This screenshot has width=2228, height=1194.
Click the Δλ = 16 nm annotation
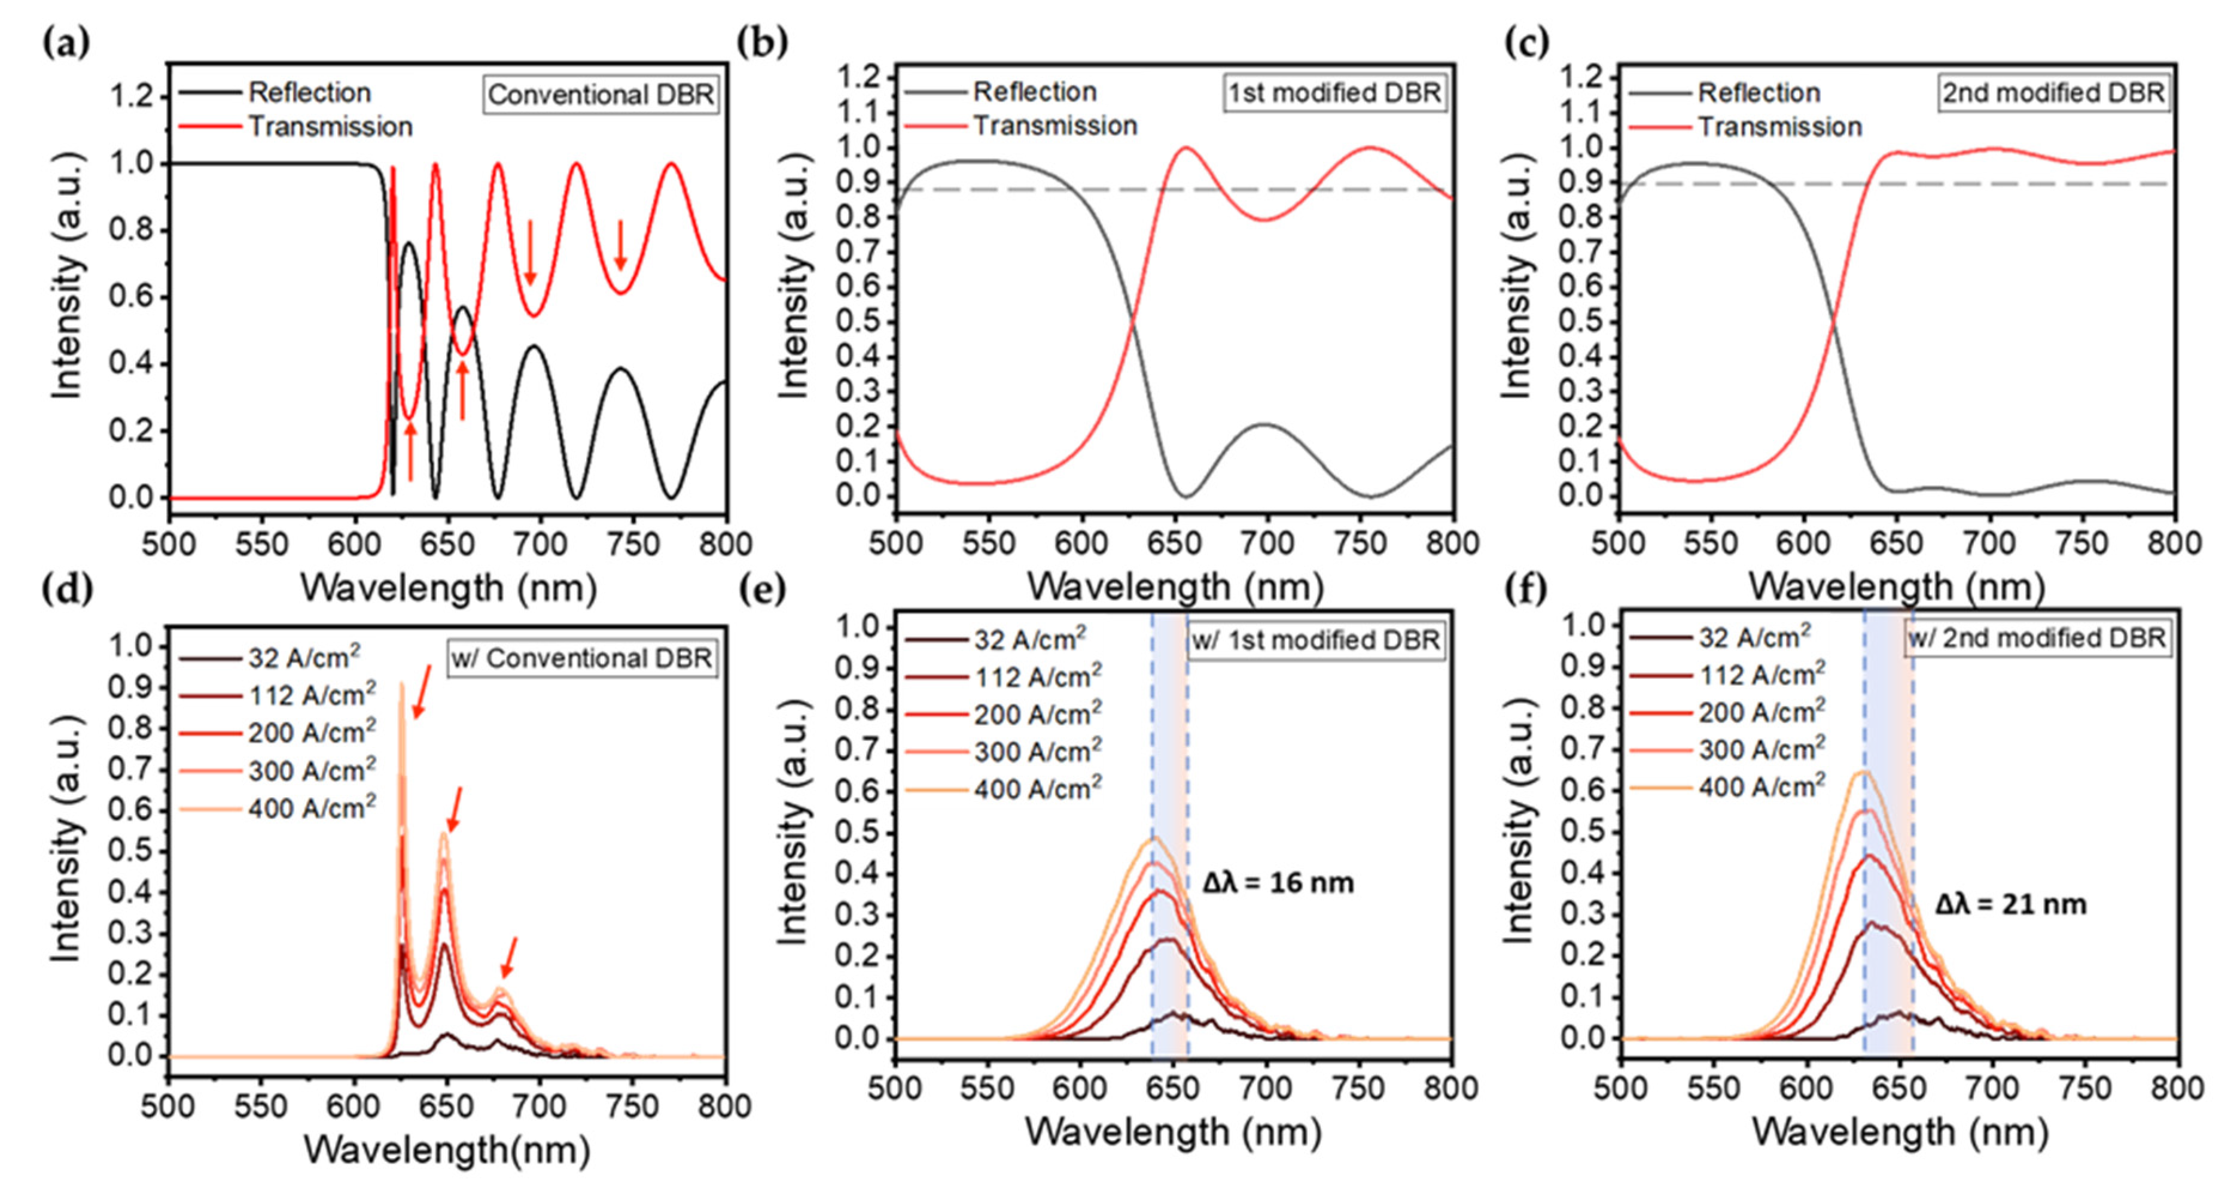click(1278, 883)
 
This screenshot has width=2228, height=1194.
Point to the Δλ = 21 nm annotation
click(2010, 904)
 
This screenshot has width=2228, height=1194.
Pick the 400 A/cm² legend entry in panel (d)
click(312, 808)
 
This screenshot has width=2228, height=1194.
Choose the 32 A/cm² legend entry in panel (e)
click(1029, 639)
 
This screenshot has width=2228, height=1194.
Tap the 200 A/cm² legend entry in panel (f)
click(1761, 712)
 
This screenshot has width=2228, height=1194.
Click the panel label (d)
click(66, 588)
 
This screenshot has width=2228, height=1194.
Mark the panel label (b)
click(761, 41)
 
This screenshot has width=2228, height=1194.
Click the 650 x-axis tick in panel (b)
click(1174, 543)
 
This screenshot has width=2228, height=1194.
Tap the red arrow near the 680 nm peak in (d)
click(510, 958)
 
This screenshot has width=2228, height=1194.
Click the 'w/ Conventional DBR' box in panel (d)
click(582, 658)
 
